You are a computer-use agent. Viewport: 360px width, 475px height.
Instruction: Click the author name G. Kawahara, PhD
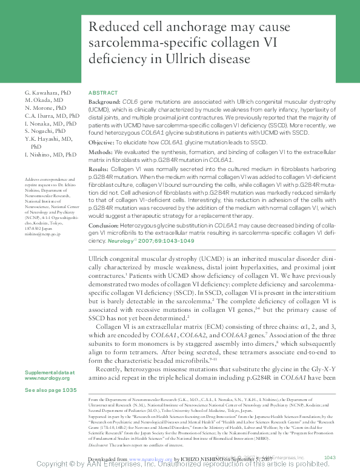pyautogui.click(x=48, y=92)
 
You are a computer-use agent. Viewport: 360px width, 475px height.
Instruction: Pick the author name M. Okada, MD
pyautogui.click(x=44, y=99)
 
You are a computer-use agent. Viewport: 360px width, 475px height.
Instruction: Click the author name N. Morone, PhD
pyautogui.click(x=46, y=107)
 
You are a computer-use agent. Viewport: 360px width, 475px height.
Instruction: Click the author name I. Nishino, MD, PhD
pyautogui.click(x=50, y=155)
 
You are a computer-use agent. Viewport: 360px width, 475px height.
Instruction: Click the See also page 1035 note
pyautogui.click(x=50, y=391)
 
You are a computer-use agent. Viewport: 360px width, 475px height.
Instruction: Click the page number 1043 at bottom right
pyautogui.click(x=330, y=457)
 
